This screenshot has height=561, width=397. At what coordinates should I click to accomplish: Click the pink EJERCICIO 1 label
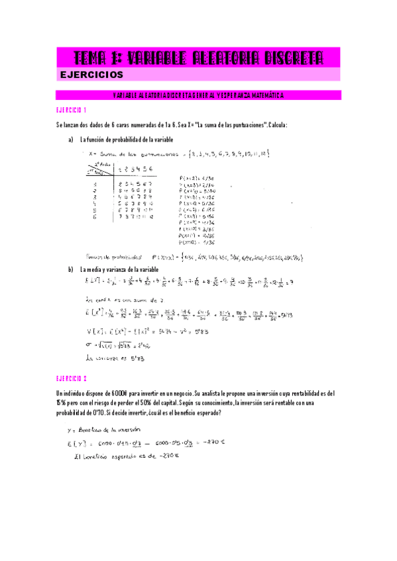[x=71, y=110]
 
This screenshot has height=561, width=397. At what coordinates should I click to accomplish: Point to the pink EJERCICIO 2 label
[x=71, y=378]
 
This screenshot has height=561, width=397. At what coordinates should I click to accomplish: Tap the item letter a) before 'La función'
[x=70, y=140]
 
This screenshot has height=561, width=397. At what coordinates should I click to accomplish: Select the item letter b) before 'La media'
[x=70, y=270]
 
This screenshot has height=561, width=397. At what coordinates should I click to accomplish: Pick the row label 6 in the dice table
[x=96, y=234]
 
